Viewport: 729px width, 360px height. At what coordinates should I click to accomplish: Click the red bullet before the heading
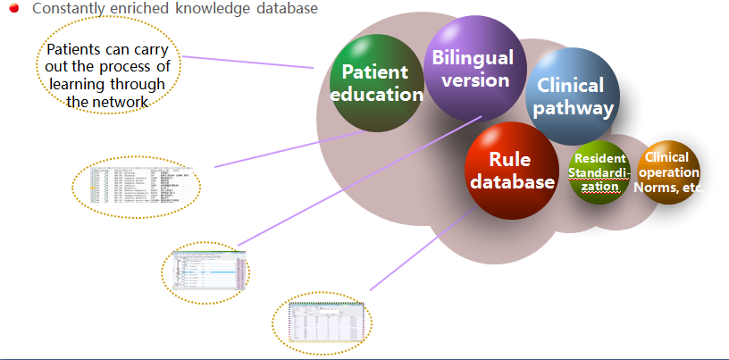[x=13, y=9]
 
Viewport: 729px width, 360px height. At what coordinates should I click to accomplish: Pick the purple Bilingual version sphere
[x=472, y=68]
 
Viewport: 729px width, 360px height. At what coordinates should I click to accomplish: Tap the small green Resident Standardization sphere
[x=599, y=172]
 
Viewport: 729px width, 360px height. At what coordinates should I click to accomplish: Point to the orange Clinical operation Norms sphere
[x=670, y=172]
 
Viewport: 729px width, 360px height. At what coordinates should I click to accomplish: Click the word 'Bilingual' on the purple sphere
[x=473, y=58]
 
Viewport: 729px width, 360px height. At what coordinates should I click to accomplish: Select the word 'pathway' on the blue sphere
[x=576, y=109]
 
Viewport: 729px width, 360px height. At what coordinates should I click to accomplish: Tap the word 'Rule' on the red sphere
[x=509, y=160]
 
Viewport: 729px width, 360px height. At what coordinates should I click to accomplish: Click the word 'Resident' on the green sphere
[x=599, y=159]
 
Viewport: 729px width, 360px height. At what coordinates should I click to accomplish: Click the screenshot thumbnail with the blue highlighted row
[x=205, y=270]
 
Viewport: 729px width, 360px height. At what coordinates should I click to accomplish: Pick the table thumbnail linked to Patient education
[x=137, y=186]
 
